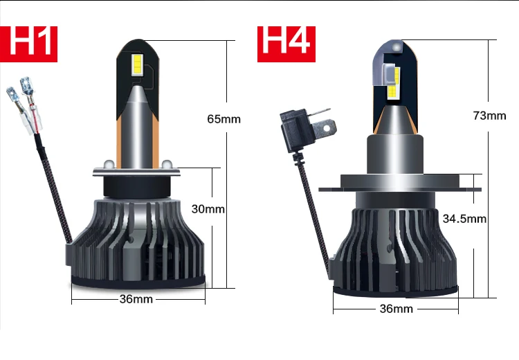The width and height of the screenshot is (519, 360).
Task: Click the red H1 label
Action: [x=28, y=44]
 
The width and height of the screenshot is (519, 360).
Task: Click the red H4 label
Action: [x=286, y=44]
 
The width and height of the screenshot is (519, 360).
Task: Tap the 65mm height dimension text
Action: [x=224, y=119]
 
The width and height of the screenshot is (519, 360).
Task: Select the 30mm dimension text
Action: [x=208, y=209]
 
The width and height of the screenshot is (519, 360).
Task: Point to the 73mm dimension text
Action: [x=489, y=116]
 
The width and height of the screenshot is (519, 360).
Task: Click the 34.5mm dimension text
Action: [x=464, y=219]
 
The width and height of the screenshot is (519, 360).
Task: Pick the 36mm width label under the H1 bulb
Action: [x=136, y=299]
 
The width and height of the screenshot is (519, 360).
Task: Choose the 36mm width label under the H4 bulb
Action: [x=397, y=309]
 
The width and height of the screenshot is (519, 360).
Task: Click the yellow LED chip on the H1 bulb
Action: [x=137, y=64]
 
